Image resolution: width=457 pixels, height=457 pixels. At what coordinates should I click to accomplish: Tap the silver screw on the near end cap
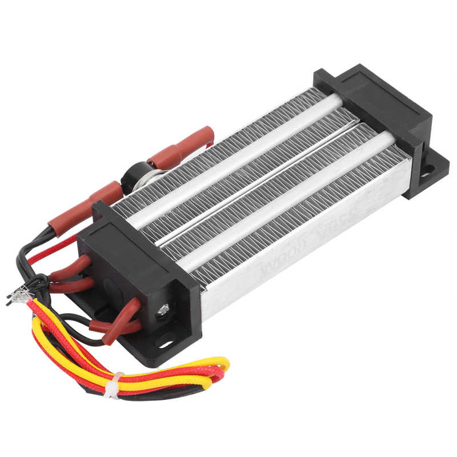click(x=163, y=309)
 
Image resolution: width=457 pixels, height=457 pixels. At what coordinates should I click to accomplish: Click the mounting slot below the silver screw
click(x=167, y=344)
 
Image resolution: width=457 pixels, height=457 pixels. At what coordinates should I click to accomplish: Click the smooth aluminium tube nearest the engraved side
click(x=286, y=200)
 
